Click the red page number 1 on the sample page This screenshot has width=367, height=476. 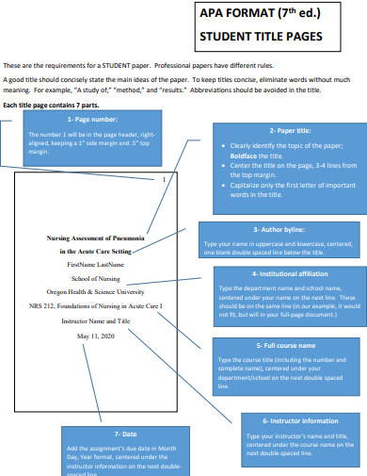(x=164, y=178)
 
